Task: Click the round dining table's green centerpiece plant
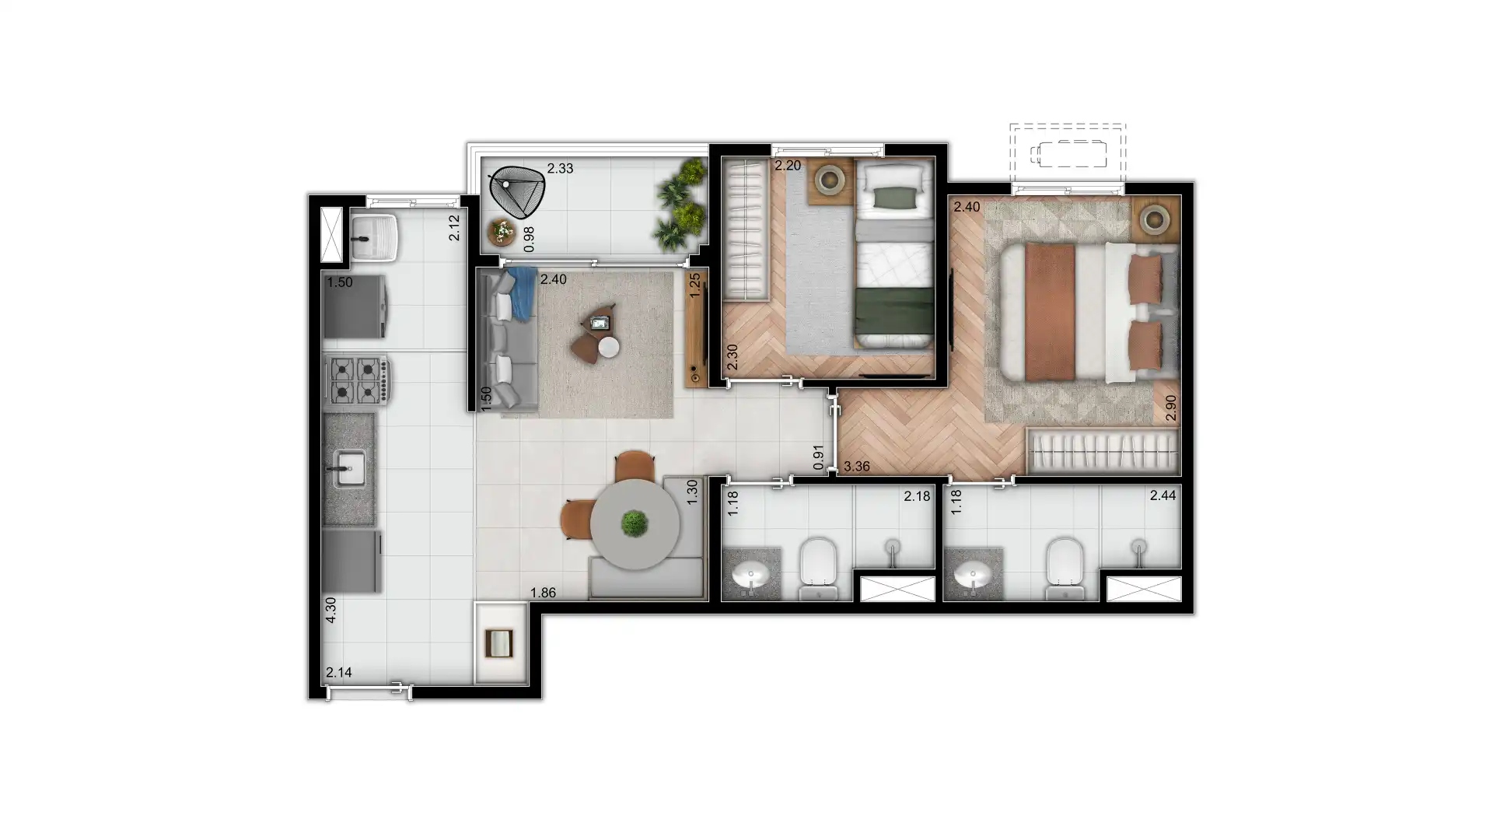[635, 523]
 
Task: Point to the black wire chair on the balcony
[516, 192]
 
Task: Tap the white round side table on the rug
[609, 347]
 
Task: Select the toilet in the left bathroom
[817, 569]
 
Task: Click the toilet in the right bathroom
[1064, 569]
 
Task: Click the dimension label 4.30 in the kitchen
[330, 610]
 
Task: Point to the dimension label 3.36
[856, 467]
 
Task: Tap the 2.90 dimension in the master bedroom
[1171, 408]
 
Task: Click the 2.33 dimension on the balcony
[560, 168]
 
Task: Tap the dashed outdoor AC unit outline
[1068, 154]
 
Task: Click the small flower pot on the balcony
[502, 232]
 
